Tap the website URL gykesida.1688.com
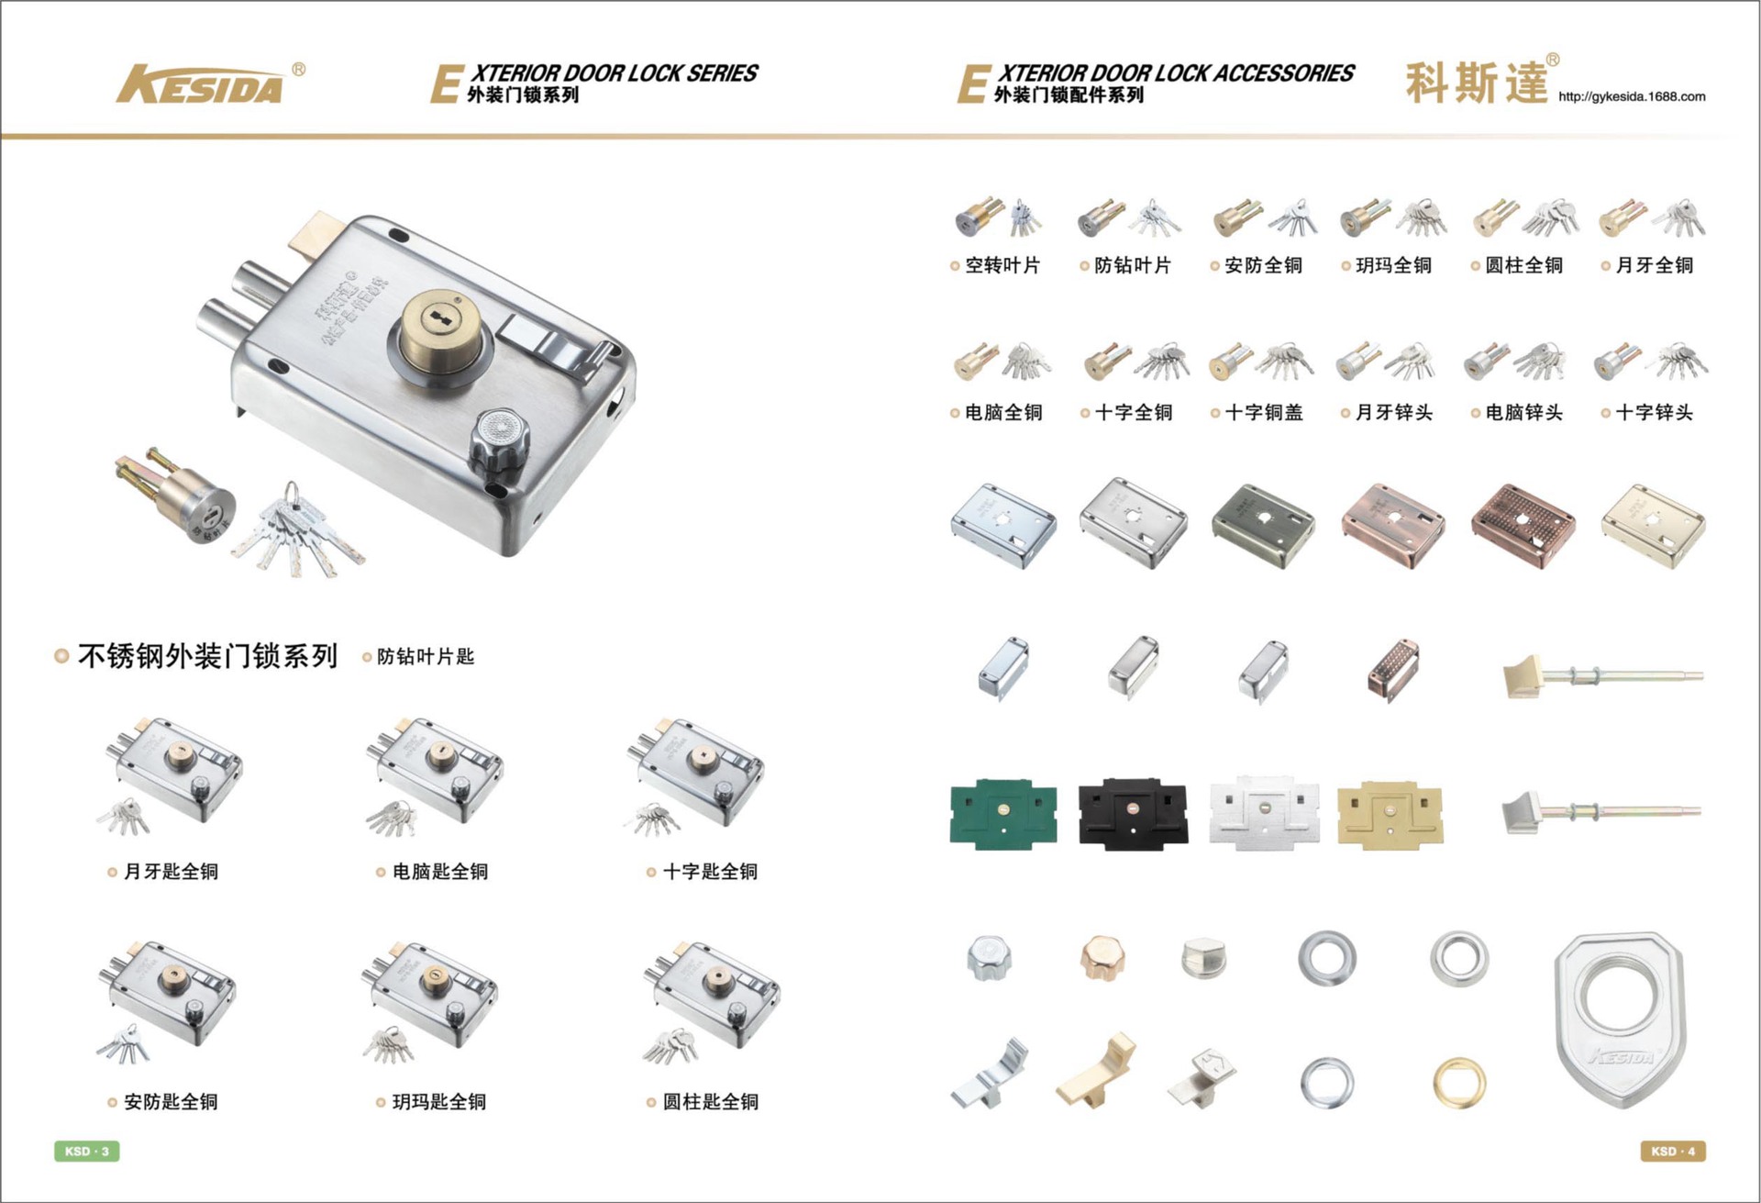coord(1632,96)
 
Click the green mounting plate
coord(1003,814)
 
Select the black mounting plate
coord(1133,814)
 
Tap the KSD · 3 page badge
coord(87,1151)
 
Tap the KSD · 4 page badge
coord(1673,1151)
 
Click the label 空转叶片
coord(1002,265)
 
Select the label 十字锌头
coord(1654,413)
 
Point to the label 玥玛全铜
coord(1393,265)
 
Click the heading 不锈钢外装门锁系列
coord(208,656)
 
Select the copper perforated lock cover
coord(1523,526)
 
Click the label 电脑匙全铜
coord(440,872)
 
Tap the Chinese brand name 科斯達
coord(1477,84)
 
